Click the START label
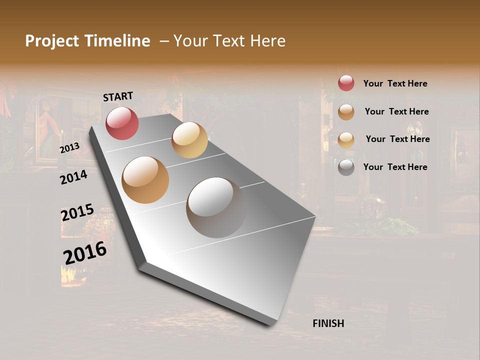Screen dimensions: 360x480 (x=118, y=96)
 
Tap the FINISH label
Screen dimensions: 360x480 (x=328, y=323)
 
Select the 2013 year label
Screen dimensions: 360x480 (x=69, y=148)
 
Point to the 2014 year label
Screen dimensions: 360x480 (x=73, y=177)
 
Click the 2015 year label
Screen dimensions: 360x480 (x=77, y=212)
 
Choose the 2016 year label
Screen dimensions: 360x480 (x=85, y=252)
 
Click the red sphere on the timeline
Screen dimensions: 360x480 (x=122, y=123)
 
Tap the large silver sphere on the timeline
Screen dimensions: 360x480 (x=216, y=207)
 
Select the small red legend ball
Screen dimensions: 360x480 (x=346, y=83)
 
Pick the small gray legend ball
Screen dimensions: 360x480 (x=346, y=167)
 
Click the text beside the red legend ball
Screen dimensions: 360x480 (x=395, y=83)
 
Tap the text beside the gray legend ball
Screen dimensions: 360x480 (x=395, y=167)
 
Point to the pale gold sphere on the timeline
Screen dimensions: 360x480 (x=189, y=140)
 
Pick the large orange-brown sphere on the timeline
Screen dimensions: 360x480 (x=145, y=180)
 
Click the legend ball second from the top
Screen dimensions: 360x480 (x=346, y=112)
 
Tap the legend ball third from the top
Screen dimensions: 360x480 (x=346, y=140)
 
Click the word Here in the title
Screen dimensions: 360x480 (x=267, y=41)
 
